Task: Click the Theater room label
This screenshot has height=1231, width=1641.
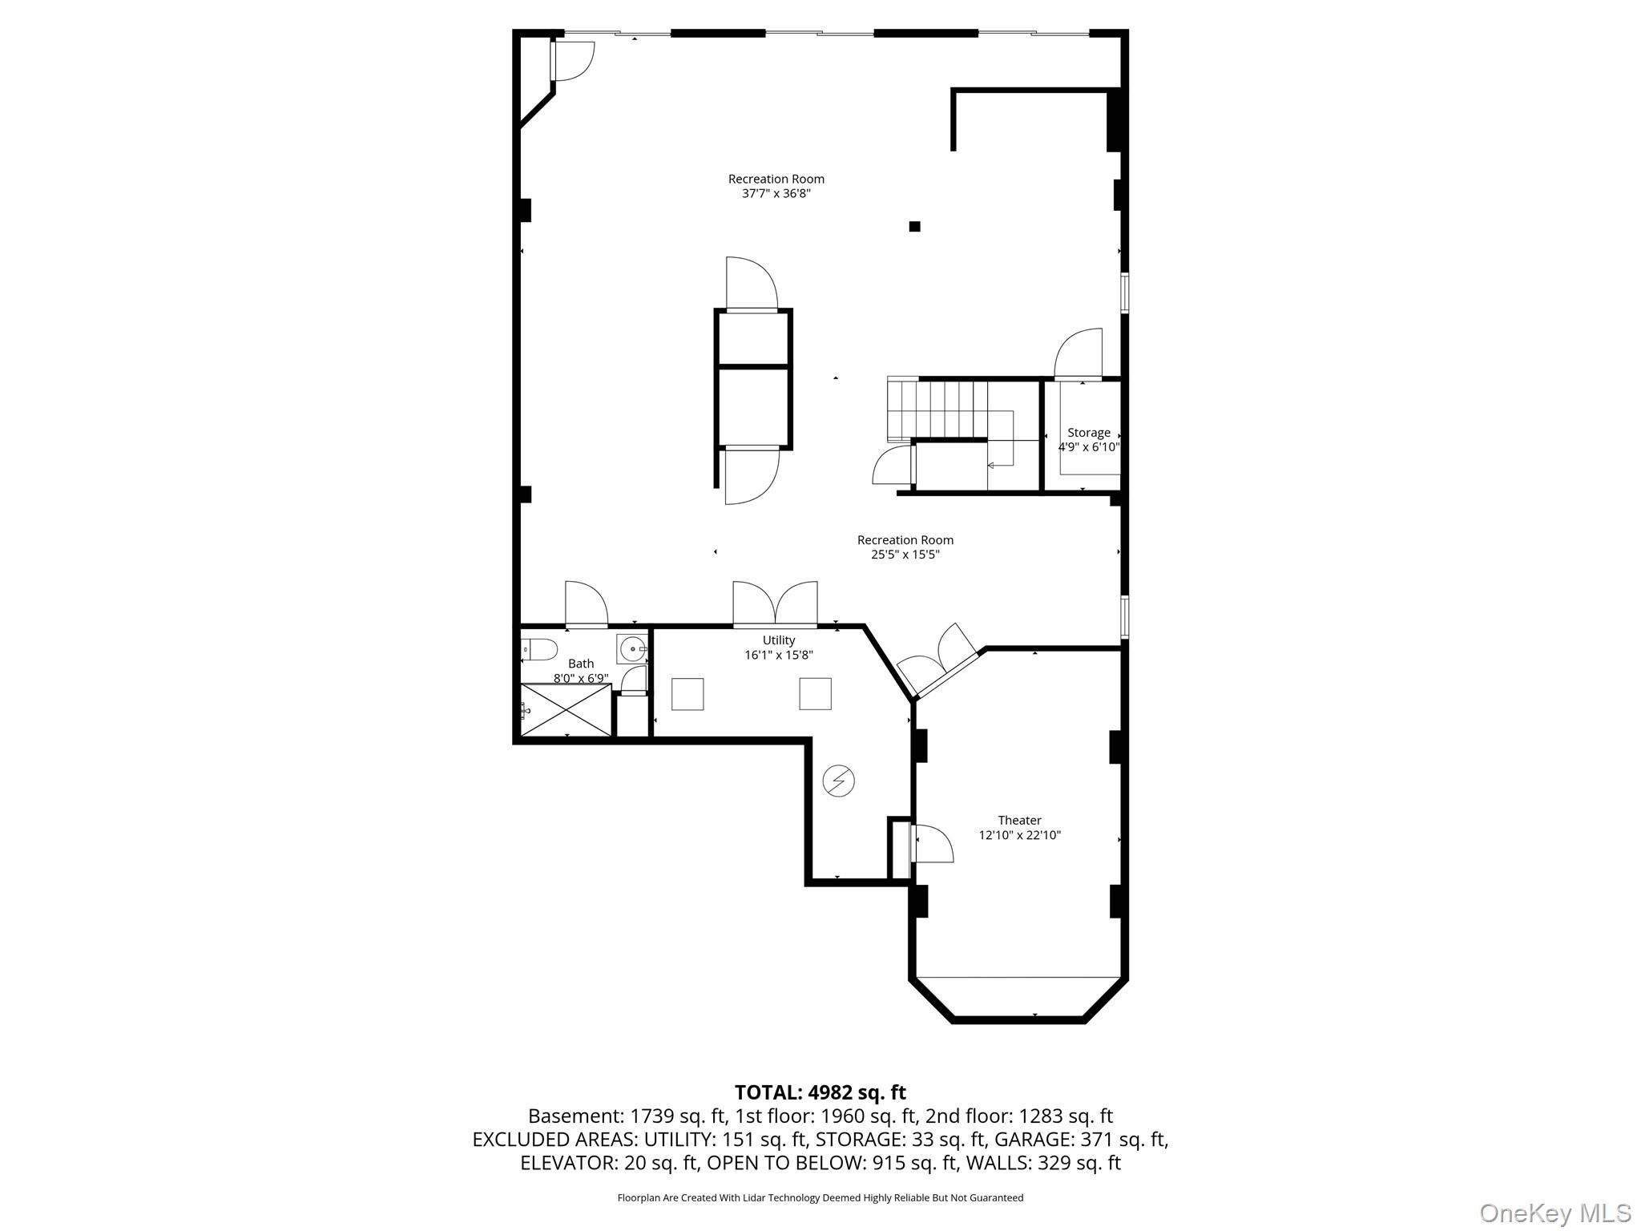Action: [1019, 820]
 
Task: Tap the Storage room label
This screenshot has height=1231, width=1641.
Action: [1088, 433]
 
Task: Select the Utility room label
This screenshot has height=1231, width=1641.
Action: [778, 640]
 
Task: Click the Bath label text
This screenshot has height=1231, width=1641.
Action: [581, 664]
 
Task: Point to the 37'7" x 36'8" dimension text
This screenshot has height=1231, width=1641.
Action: [776, 193]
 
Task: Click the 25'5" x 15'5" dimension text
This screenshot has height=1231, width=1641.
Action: [905, 554]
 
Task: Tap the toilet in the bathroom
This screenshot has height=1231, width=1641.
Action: [538, 649]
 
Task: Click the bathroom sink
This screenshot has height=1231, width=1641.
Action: [632, 648]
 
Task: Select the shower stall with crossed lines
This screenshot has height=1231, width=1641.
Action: [566, 709]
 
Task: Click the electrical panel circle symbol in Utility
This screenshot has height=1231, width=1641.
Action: [839, 780]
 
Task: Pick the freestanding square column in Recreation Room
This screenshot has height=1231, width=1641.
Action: [914, 227]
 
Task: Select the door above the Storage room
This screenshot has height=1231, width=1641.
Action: [1079, 354]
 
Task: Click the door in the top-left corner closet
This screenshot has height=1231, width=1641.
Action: [572, 60]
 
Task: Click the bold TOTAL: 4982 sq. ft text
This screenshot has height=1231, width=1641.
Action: [820, 1092]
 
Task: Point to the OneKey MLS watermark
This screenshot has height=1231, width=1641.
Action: [1554, 1213]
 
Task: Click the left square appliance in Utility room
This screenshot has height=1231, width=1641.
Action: [687, 694]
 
